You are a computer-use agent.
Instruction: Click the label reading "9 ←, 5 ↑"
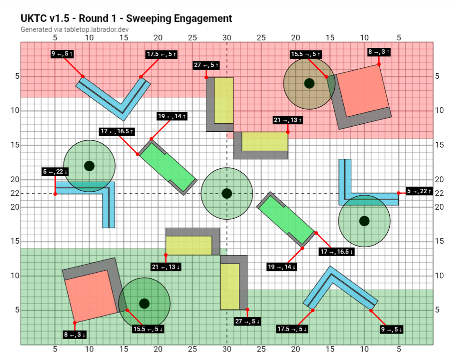click(62, 54)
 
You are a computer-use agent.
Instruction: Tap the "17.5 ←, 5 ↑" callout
click(162, 54)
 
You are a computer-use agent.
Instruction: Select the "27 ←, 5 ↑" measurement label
click(206, 65)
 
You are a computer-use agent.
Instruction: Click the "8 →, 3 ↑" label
click(379, 52)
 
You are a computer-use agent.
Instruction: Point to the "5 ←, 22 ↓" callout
click(55, 172)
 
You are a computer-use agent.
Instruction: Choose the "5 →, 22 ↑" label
click(419, 191)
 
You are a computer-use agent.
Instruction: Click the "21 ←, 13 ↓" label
click(166, 267)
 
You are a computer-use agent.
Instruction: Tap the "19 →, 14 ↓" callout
click(282, 267)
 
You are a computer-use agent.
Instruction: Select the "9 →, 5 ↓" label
click(392, 330)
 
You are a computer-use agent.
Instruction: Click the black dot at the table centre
click(227, 194)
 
